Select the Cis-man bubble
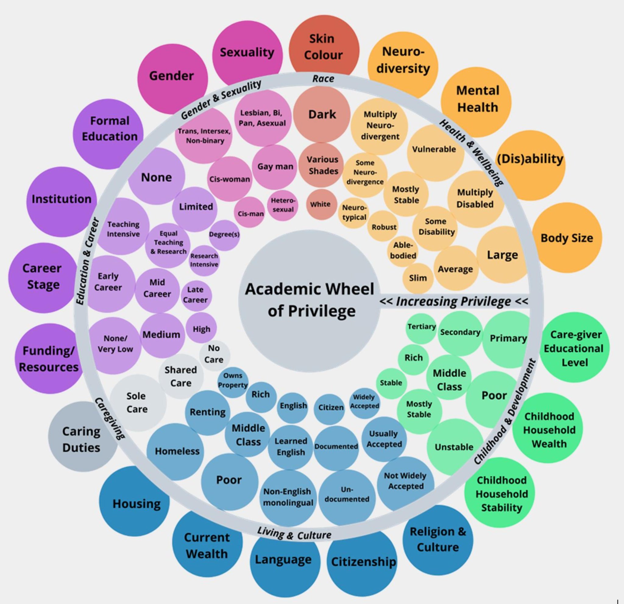point(250,213)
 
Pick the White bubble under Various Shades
point(321,204)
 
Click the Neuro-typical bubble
point(354,213)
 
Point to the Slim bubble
point(418,278)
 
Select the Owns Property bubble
point(233,381)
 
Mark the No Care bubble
point(214,354)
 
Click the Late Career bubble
point(196,295)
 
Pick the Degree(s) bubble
point(224,235)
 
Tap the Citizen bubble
point(331,408)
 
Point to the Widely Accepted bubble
point(364,402)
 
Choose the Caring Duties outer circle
point(81,439)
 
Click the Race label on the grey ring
point(323,79)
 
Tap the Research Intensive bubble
point(204,260)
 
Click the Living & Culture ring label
point(294,534)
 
